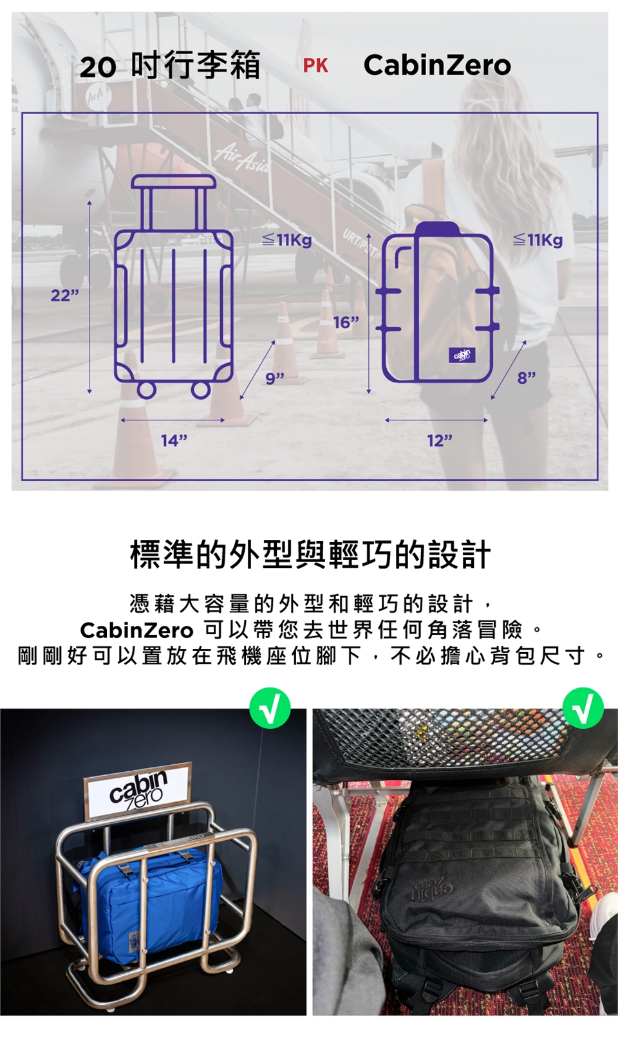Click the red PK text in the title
pyautogui.click(x=315, y=66)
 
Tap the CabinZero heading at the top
pyautogui.click(x=437, y=65)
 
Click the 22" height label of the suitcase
pyautogui.click(x=65, y=296)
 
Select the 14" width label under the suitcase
pyautogui.click(x=174, y=440)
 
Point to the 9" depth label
pyautogui.click(x=275, y=379)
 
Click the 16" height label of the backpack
pyautogui.click(x=346, y=323)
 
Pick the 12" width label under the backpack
pyautogui.click(x=440, y=440)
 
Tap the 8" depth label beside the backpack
pyautogui.click(x=527, y=377)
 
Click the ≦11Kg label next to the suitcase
pyautogui.click(x=287, y=240)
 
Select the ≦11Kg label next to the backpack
pyautogui.click(x=538, y=240)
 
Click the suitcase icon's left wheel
pyautogui.click(x=147, y=390)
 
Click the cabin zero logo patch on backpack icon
pyautogui.click(x=462, y=355)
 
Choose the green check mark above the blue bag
pyautogui.click(x=270, y=708)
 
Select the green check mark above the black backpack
pyautogui.click(x=583, y=708)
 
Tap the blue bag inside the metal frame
pyautogui.click(x=148, y=895)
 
